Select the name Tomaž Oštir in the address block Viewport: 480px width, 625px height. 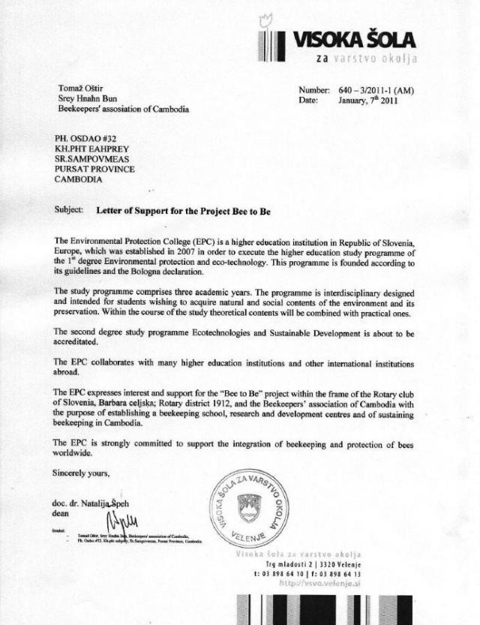point(77,87)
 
